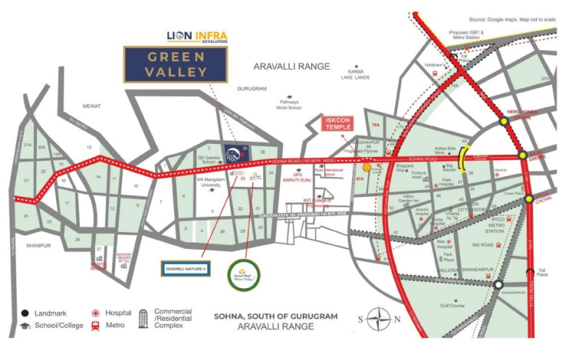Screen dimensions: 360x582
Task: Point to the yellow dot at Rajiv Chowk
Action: pos(522,155)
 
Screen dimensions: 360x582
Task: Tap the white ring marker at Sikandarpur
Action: pos(498,285)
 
